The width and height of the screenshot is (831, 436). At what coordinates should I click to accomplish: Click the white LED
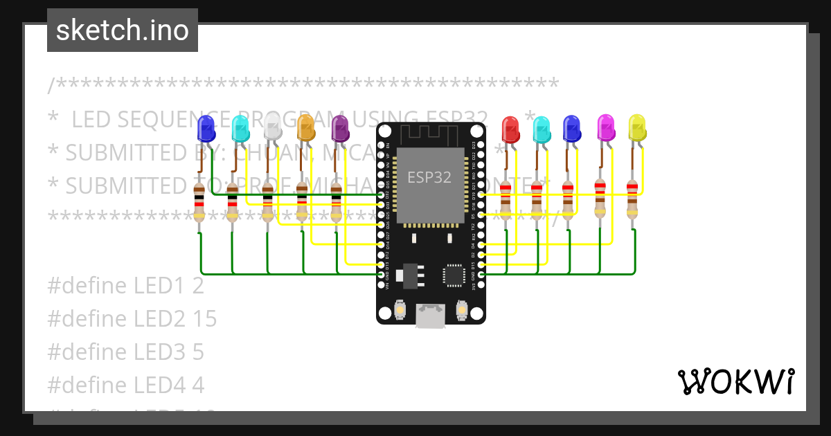tap(273, 127)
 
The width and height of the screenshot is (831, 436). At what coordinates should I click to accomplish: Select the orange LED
tap(305, 127)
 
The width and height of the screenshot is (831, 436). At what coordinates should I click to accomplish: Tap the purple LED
tap(340, 127)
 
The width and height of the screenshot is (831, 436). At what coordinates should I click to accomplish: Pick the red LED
tap(510, 128)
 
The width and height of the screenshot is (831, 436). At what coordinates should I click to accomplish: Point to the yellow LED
tap(636, 127)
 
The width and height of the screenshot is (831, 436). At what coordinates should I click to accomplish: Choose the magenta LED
tap(606, 127)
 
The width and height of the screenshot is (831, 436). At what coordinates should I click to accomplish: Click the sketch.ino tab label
tap(123, 30)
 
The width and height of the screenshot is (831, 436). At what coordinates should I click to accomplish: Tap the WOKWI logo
tap(735, 381)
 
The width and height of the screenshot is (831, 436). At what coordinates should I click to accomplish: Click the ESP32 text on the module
tap(429, 177)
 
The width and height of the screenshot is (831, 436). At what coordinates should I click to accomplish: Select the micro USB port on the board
tap(430, 316)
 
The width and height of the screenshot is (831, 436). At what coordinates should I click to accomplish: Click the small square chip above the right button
tap(454, 275)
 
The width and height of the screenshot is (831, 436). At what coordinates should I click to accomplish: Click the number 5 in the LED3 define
tap(198, 352)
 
